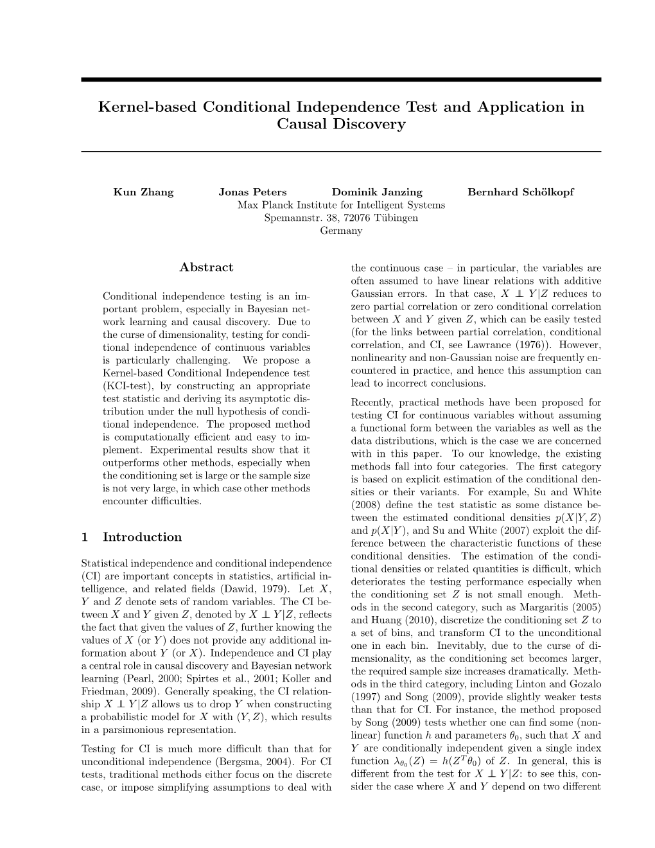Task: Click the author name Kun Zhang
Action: [x=143, y=192]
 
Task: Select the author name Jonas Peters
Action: [x=252, y=192]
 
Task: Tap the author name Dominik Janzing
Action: [x=377, y=192]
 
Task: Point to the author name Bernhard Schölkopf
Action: [x=521, y=192]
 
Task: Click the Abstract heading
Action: [x=206, y=267]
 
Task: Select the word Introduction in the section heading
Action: [x=142, y=537]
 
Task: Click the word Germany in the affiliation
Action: [x=341, y=231]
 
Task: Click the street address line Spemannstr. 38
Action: [x=301, y=218]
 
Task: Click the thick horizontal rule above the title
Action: [x=341, y=80]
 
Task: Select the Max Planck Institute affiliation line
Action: [x=341, y=205]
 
